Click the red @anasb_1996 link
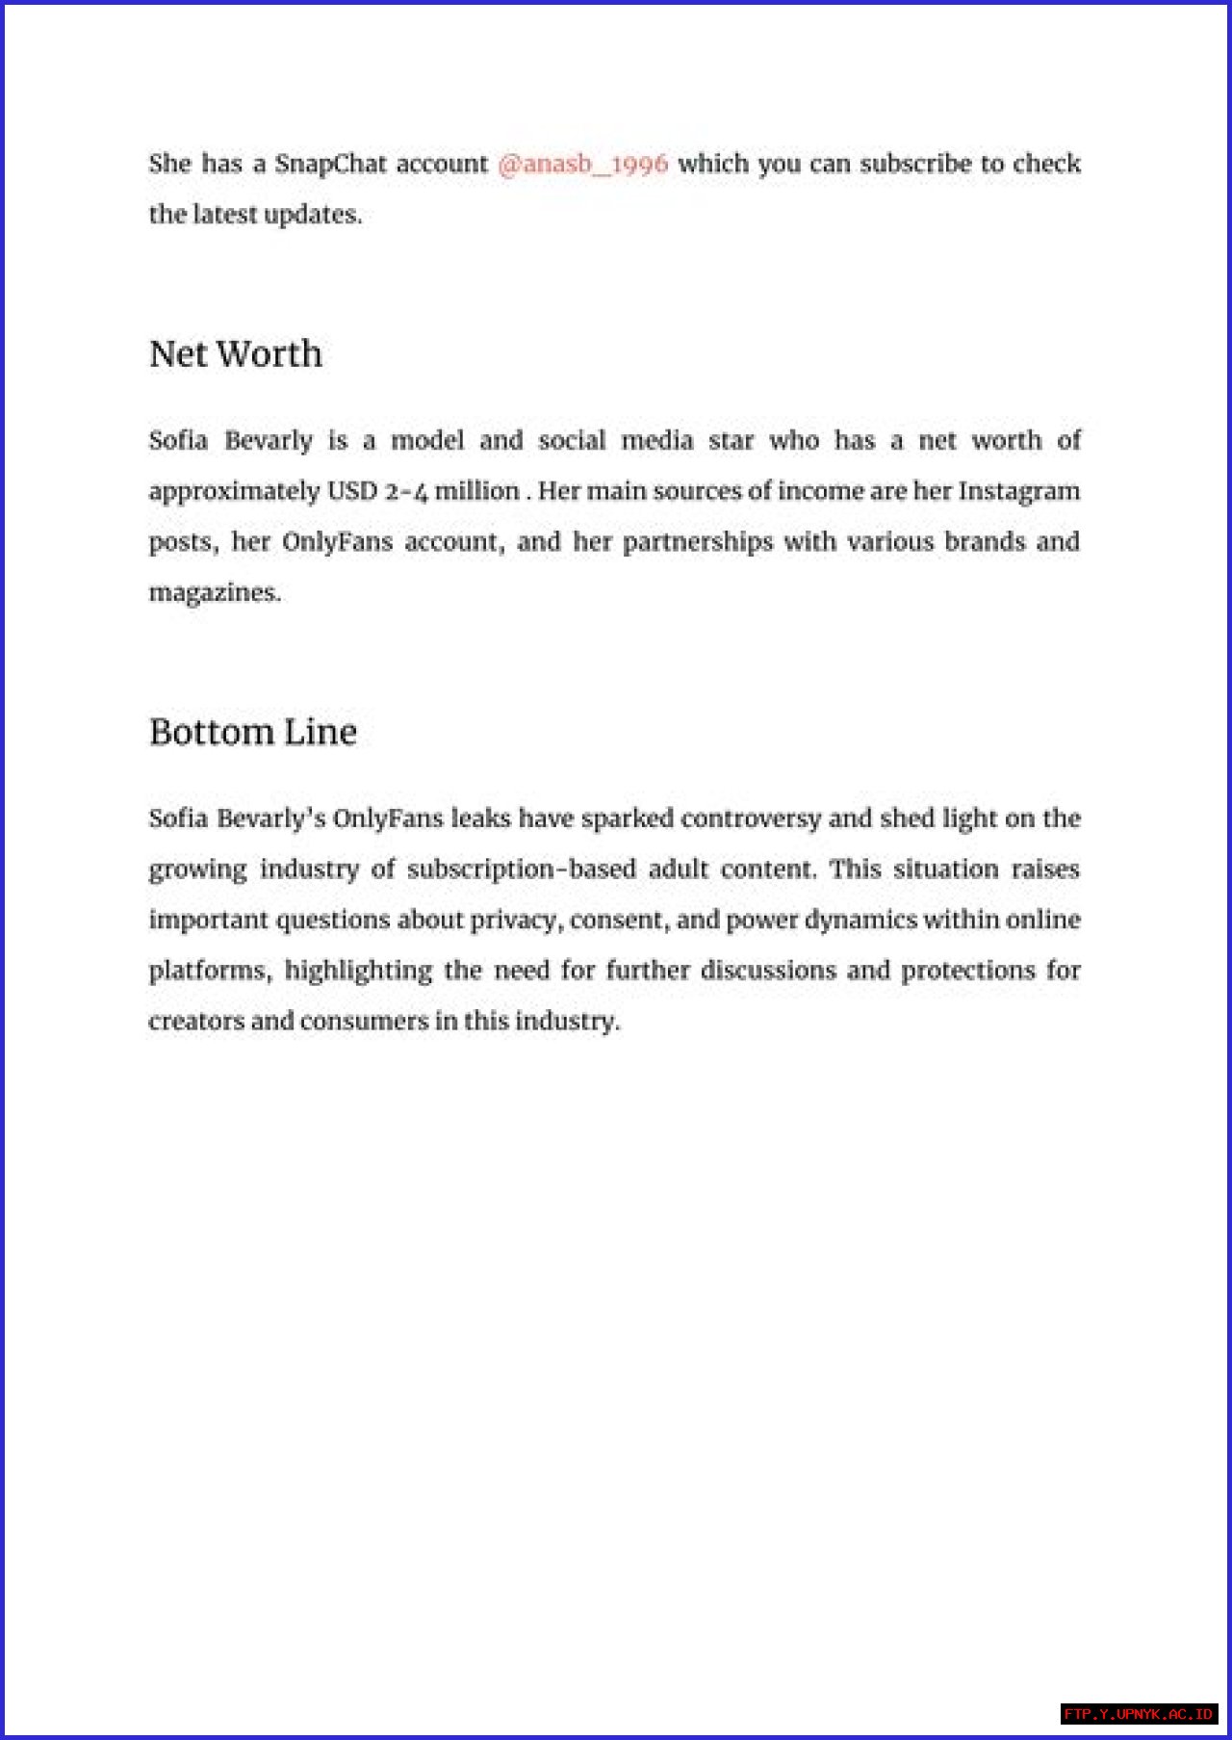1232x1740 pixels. [582, 164]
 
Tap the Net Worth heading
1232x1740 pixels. [236, 354]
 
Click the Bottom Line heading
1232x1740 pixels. [253, 732]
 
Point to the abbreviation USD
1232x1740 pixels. [352, 491]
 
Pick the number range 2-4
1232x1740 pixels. [406, 491]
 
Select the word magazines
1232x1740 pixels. [214, 592]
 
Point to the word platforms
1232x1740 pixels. [209, 971]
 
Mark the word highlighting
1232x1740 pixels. [358, 971]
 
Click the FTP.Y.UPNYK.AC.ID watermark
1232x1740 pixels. [1139, 1714]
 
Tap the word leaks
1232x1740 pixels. [480, 818]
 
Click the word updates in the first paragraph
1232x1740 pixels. [312, 215]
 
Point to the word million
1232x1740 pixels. [476, 491]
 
